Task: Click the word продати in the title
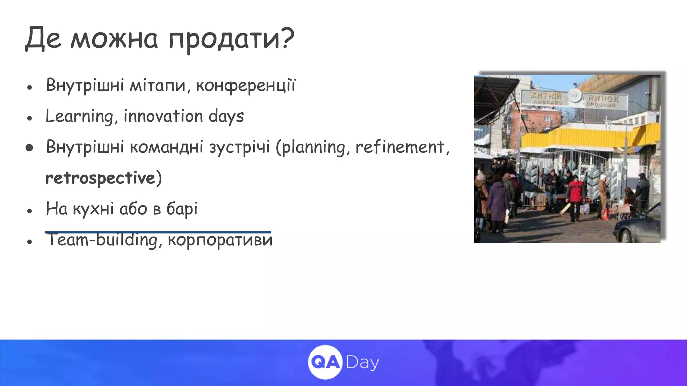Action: [223, 39]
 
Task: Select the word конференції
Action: [246, 85]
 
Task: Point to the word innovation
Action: [163, 116]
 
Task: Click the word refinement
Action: [400, 147]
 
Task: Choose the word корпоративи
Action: [220, 240]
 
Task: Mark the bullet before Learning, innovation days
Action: [30, 118]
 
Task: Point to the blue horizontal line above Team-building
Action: [158, 232]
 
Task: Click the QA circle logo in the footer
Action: [325, 362]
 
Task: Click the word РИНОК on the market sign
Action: [603, 99]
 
